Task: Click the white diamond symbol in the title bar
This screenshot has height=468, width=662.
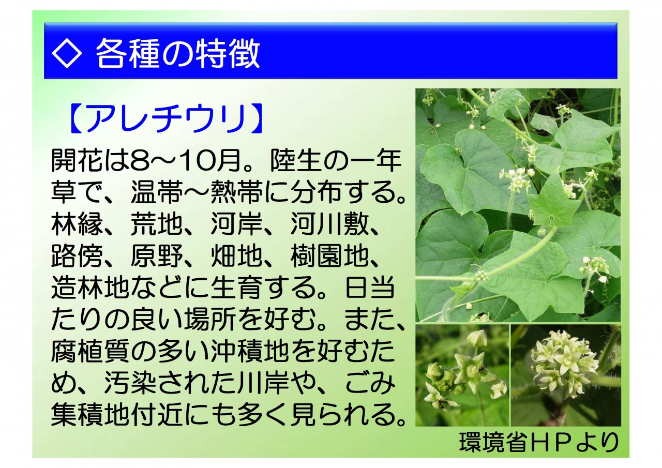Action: [x=67, y=53]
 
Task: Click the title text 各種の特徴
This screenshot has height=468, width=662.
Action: [x=178, y=54]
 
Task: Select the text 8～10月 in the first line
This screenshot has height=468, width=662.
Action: [x=185, y=161]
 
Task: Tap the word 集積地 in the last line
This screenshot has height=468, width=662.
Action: [x=91, y=415]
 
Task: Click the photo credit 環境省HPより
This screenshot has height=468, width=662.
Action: [x=539, y=442]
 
